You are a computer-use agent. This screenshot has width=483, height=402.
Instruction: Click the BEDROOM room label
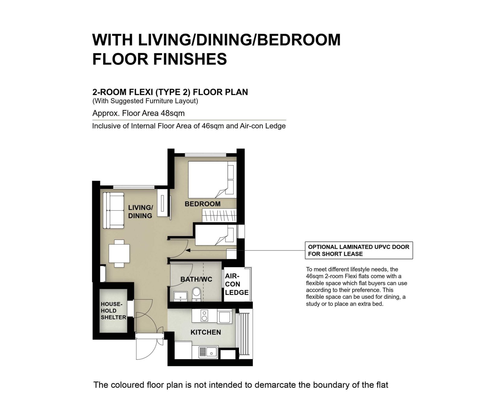coord(202,204)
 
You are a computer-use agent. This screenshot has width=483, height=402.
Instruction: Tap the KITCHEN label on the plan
coord(206,332)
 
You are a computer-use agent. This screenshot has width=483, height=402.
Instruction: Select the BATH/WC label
coord(196,279)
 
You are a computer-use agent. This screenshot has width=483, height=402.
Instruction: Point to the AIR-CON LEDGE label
coord(237,284)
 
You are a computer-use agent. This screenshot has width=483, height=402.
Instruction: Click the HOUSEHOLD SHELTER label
coord(114,311)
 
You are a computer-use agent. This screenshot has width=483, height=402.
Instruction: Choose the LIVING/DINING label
coord(140,212)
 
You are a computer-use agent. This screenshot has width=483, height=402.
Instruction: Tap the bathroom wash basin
coord(181,296)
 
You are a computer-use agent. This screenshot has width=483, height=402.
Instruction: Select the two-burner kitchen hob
coord(204,316)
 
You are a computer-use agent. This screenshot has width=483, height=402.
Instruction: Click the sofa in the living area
coord(114,210)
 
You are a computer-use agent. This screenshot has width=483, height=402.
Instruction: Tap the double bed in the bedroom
coord(212,180)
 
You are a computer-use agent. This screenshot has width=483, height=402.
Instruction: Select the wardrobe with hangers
coord(219,216)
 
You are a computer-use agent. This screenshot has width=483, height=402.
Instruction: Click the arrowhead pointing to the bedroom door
coord(187,250)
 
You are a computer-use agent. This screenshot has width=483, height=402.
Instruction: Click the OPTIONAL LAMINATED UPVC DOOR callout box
coord(359,250)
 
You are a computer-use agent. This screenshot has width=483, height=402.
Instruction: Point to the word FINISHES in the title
coord(190,59)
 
